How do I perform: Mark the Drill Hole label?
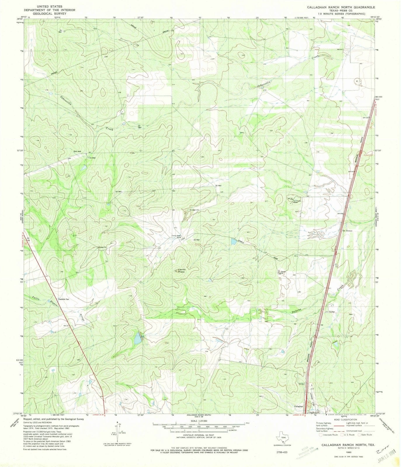click(77, 151)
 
